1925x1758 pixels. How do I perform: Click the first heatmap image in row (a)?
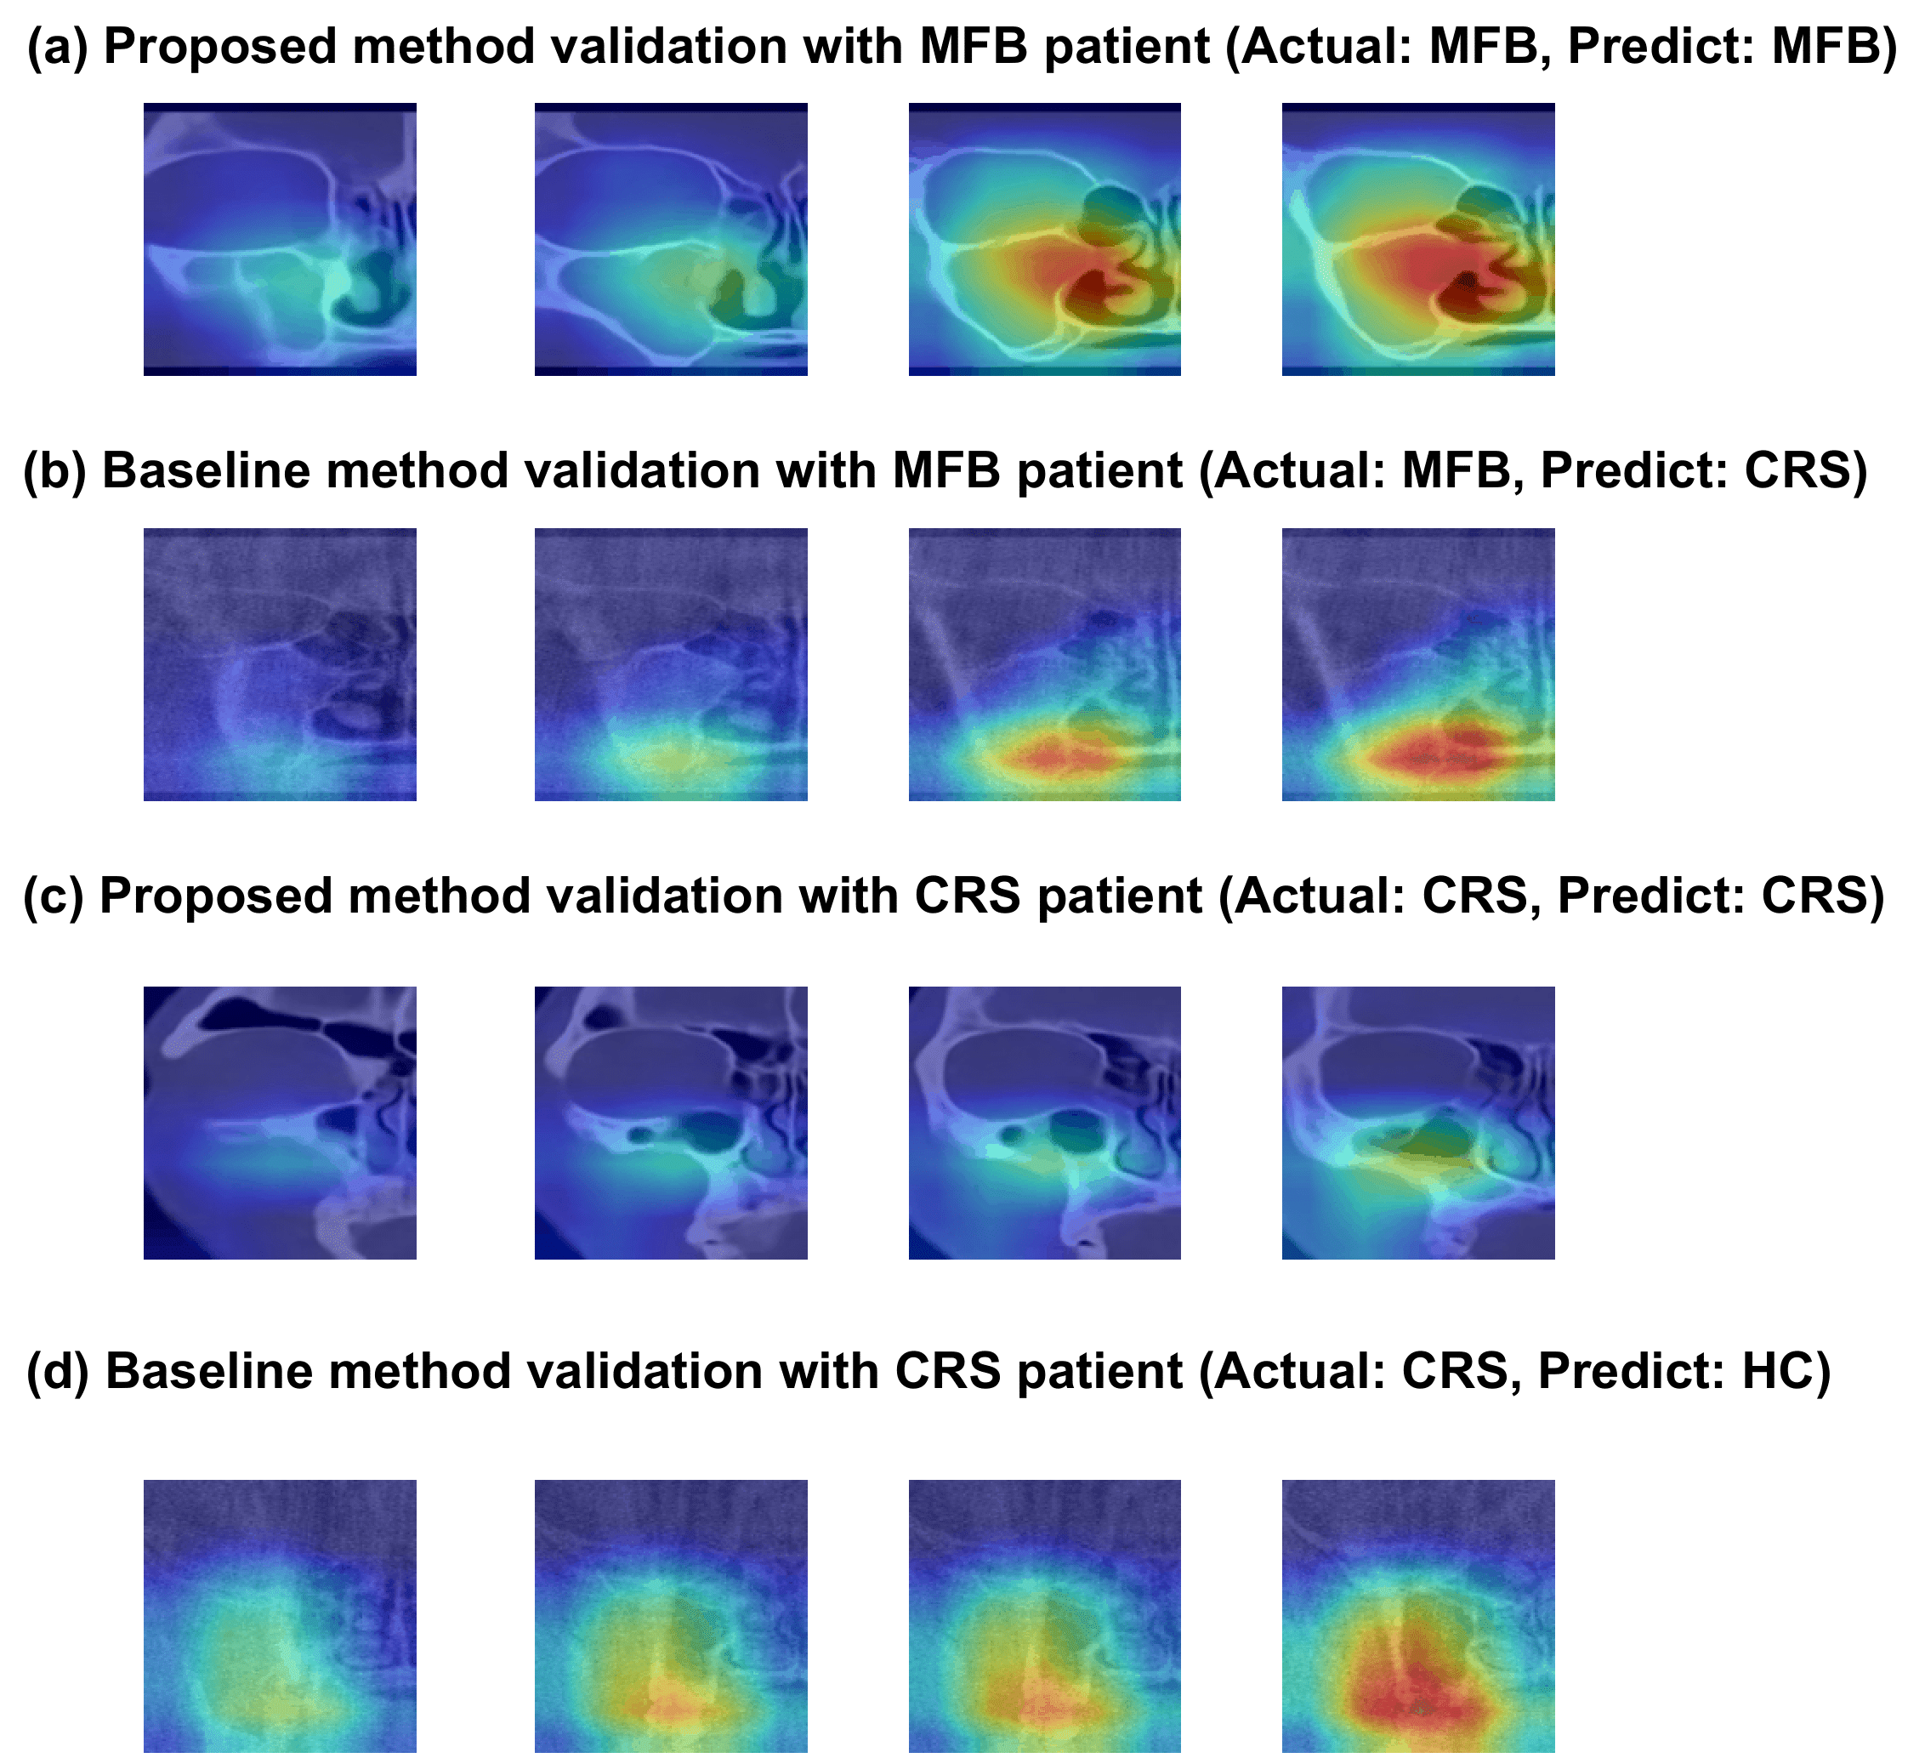point(280,239)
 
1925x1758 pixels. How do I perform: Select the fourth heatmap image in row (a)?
point(1418,239)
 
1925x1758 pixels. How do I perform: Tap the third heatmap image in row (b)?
point(1045,663)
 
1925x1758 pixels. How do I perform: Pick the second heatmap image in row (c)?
point(670,1122)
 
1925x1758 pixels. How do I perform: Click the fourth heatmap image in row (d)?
point(1418,1616)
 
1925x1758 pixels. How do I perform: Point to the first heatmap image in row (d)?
point(280,1616)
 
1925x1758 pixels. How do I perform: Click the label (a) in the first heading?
point(56,46)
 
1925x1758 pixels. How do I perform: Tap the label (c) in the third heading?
point(54,896)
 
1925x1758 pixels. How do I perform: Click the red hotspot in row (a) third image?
point(1070,277)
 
